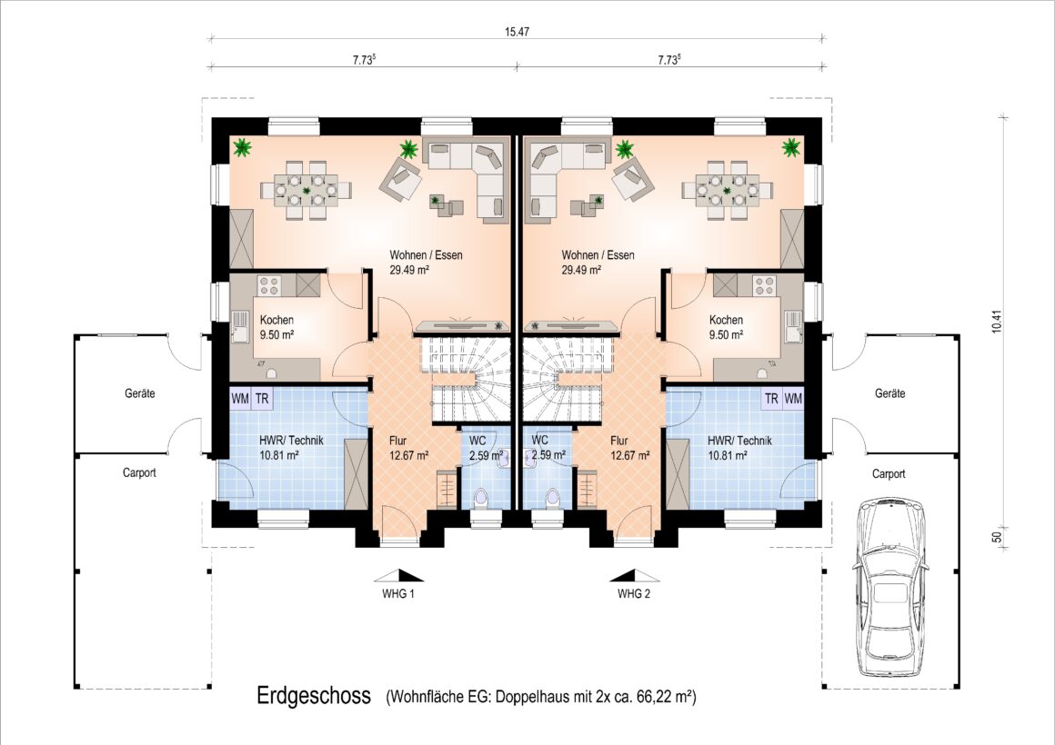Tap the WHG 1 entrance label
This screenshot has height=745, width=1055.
coord(398,594)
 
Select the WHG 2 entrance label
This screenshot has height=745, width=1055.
coord(634,594)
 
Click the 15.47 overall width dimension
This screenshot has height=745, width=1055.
coord(516,32)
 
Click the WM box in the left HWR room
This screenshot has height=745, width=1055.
coord(240,399)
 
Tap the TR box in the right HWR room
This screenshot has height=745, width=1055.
coord(772,399)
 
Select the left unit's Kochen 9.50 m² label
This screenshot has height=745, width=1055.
coord(276,327)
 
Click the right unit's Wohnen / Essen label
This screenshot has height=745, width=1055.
coord(598,263)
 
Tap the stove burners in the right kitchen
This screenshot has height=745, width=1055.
coord(764,286)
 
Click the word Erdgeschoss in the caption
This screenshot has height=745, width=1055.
coord(314,696)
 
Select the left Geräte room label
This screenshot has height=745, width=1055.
coord(140,393)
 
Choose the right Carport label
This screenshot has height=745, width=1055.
coord(889,474)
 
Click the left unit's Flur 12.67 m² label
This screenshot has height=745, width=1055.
coord(409,448)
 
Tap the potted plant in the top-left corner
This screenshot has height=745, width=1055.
coord(242,147)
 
